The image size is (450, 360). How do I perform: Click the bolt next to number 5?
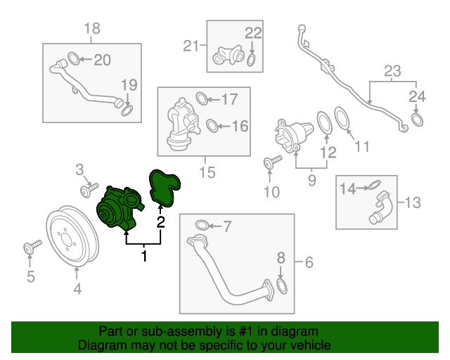point(32,247)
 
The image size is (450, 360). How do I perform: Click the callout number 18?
point(92,29)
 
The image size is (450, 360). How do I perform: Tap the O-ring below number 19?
point(128,110)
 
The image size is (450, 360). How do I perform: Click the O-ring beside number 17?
point(200,98)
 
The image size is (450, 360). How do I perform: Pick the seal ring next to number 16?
point(211,127)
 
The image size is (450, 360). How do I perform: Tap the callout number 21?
point(191,46)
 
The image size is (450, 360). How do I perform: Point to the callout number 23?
point(392,70)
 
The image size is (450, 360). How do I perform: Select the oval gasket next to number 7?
point(200,225)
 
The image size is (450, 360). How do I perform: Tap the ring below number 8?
point(281,286)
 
